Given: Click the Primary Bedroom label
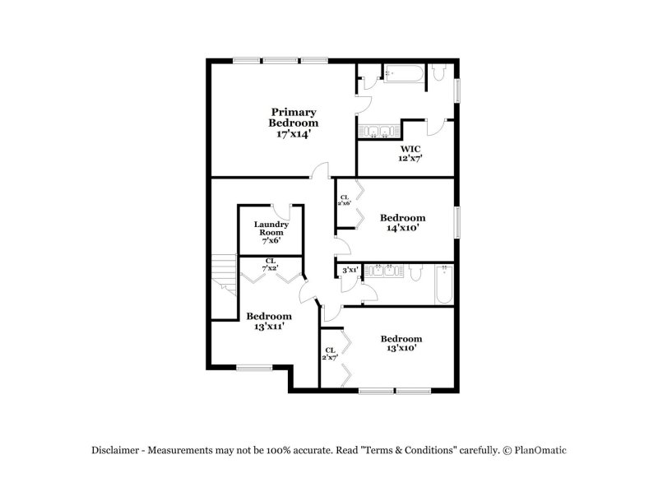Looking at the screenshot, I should (294, 117).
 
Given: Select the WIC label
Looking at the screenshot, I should (410, 149).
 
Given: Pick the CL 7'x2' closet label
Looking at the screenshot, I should (269, 265).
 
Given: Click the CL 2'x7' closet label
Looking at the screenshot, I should (330, 354).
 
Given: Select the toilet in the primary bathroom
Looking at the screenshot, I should (438, 76).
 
